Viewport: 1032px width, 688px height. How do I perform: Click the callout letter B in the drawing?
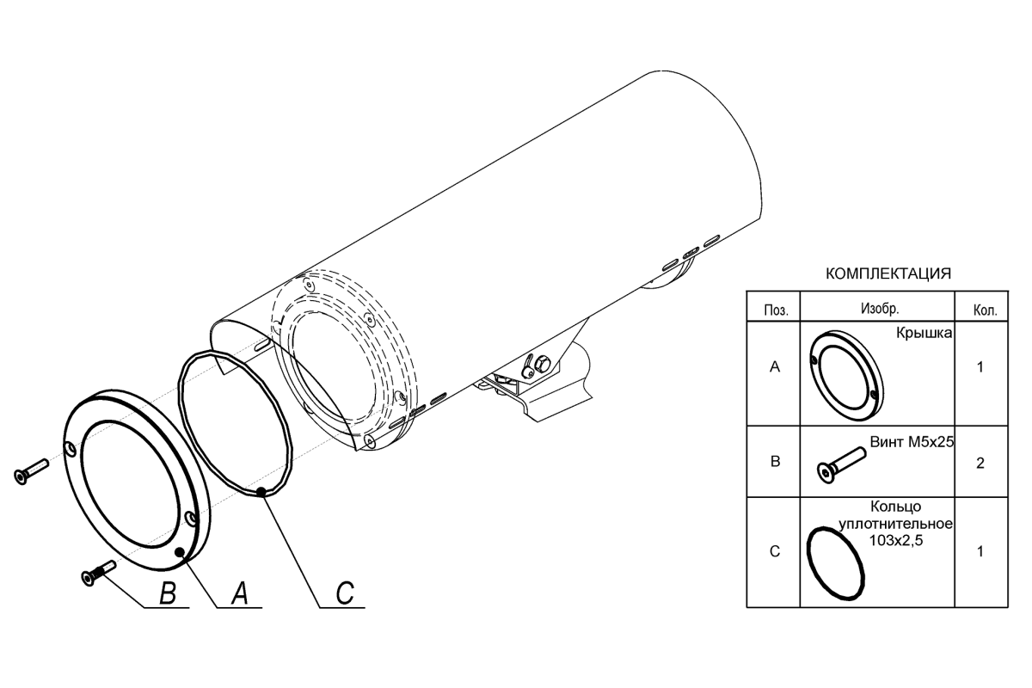tap(167, 593)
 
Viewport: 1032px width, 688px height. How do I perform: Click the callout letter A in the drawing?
tap(239, 593)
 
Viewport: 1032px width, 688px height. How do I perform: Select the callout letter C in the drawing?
tap(345, 593)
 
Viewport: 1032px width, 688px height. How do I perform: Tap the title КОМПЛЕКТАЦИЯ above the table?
tap(888, 273)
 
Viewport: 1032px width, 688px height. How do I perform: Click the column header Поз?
tap(776, 310)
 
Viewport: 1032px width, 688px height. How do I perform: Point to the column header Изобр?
tap(880, 308)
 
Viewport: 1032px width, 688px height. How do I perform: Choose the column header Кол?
tap(985, 310)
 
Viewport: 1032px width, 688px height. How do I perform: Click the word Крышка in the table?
tap(924, 333)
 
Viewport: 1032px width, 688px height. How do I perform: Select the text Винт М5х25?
tap(912, 441)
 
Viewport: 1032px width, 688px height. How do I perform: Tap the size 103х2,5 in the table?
tap(895, 540)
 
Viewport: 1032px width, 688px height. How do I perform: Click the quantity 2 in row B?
tap(980, 463)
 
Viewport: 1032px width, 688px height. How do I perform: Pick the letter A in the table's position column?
tap(775, 367)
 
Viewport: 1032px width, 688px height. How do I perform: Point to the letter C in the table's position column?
tap(775, 551)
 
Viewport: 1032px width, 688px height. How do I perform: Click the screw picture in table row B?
tap(841, 465)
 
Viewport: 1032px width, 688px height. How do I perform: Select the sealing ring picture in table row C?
tap(836, 563)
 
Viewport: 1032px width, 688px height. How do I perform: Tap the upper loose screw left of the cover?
tap(31, 471)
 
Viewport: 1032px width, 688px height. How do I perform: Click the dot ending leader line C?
tap(261, 492)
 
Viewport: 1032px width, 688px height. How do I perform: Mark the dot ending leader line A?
tap(181, 550)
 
